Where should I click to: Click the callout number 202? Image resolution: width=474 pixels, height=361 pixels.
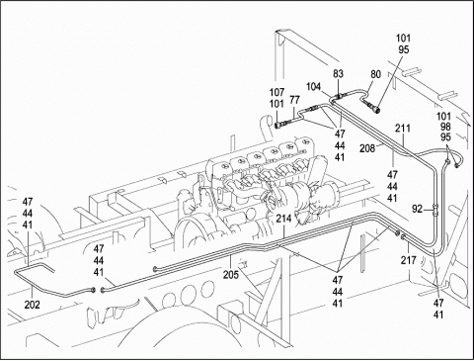33,305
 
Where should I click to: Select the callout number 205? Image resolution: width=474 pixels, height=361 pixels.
231,274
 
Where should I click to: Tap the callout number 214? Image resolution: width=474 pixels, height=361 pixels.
283,219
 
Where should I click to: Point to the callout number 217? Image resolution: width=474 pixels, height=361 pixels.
409,260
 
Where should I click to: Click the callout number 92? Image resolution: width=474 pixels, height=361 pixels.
418,209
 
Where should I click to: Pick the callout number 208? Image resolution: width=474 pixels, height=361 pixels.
367,148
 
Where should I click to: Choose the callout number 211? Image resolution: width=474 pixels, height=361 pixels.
403,128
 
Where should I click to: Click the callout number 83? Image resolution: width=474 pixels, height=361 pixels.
338,74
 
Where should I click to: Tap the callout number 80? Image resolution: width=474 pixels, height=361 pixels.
375,74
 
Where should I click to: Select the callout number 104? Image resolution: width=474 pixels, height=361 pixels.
313,87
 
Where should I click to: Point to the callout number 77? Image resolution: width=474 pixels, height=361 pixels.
295,100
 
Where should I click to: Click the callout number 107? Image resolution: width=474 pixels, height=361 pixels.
276,92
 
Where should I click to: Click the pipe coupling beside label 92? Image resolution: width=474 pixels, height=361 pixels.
435,209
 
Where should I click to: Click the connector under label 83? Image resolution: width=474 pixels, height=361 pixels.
338,96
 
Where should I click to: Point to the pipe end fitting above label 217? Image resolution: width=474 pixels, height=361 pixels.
404,236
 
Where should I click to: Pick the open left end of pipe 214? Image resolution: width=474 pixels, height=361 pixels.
155,270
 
